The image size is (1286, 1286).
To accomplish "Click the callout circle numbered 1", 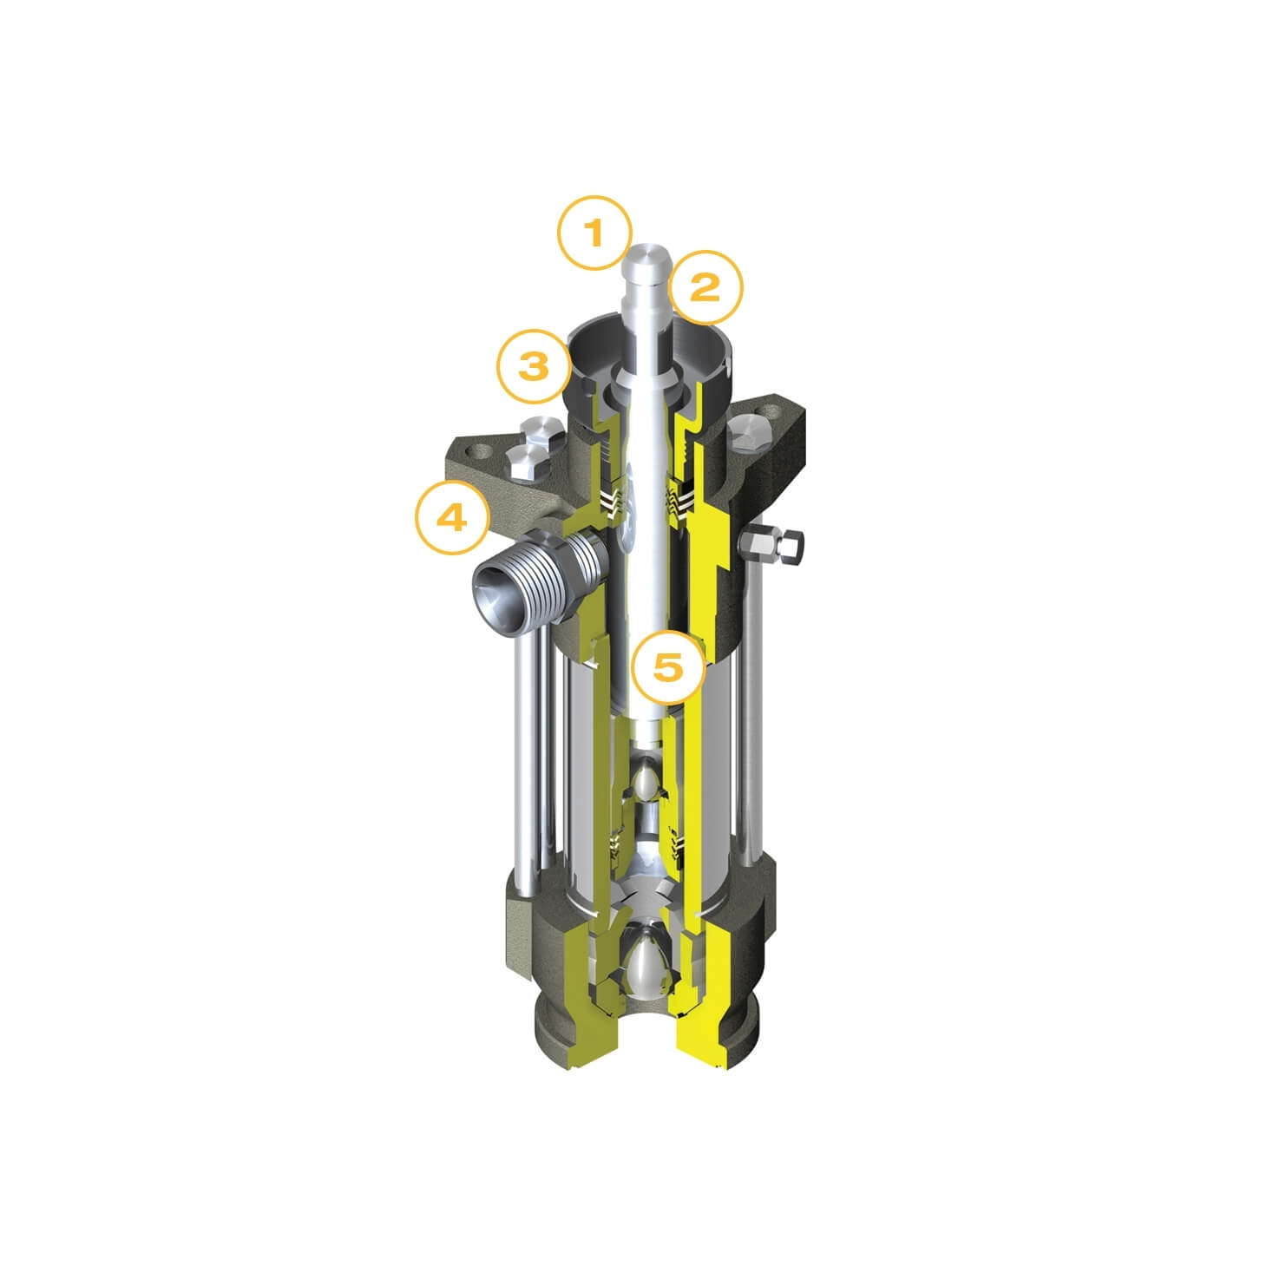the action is click(x=594, y=232).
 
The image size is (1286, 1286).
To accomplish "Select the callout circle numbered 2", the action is click(x=706, y=286).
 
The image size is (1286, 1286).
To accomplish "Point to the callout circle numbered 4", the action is click(x=451, y=518).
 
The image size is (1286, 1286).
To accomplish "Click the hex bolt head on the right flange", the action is click(x=749, y=437).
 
